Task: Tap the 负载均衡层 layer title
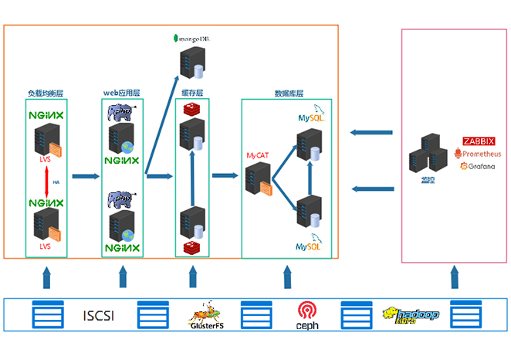tap(45, 93)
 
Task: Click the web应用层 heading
tap(121, 93)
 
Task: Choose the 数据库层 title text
tap(289, 93)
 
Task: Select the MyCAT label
tap(257, 155)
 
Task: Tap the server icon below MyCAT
tap(258, 179)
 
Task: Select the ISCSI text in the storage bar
tap(99, 315)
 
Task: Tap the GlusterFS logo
tap(206, 315)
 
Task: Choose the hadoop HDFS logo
tap(411, 315)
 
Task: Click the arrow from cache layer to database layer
tap(225, 175)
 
